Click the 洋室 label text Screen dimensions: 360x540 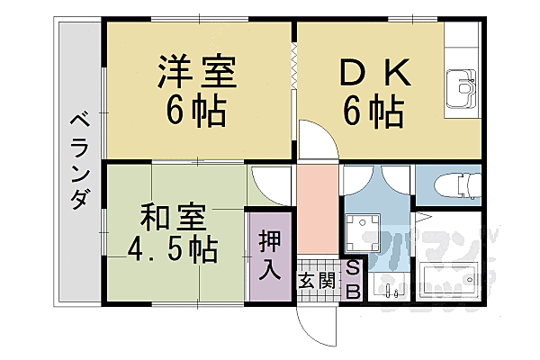pyautogui.click(x=198, y=71)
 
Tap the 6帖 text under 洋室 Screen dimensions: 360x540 pyautogui.click(x=197, y=112)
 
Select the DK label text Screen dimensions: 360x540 pyautogui.click(x=372, y=71)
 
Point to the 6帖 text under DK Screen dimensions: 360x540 pyautogui.click(x=372, y=112)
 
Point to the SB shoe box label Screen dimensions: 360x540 pyautogui.click(x=352, y=280)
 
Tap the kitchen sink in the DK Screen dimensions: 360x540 pyautogui.click(x=463, y=88)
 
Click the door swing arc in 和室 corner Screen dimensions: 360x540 pyautogui.click(x=268, y=185)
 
